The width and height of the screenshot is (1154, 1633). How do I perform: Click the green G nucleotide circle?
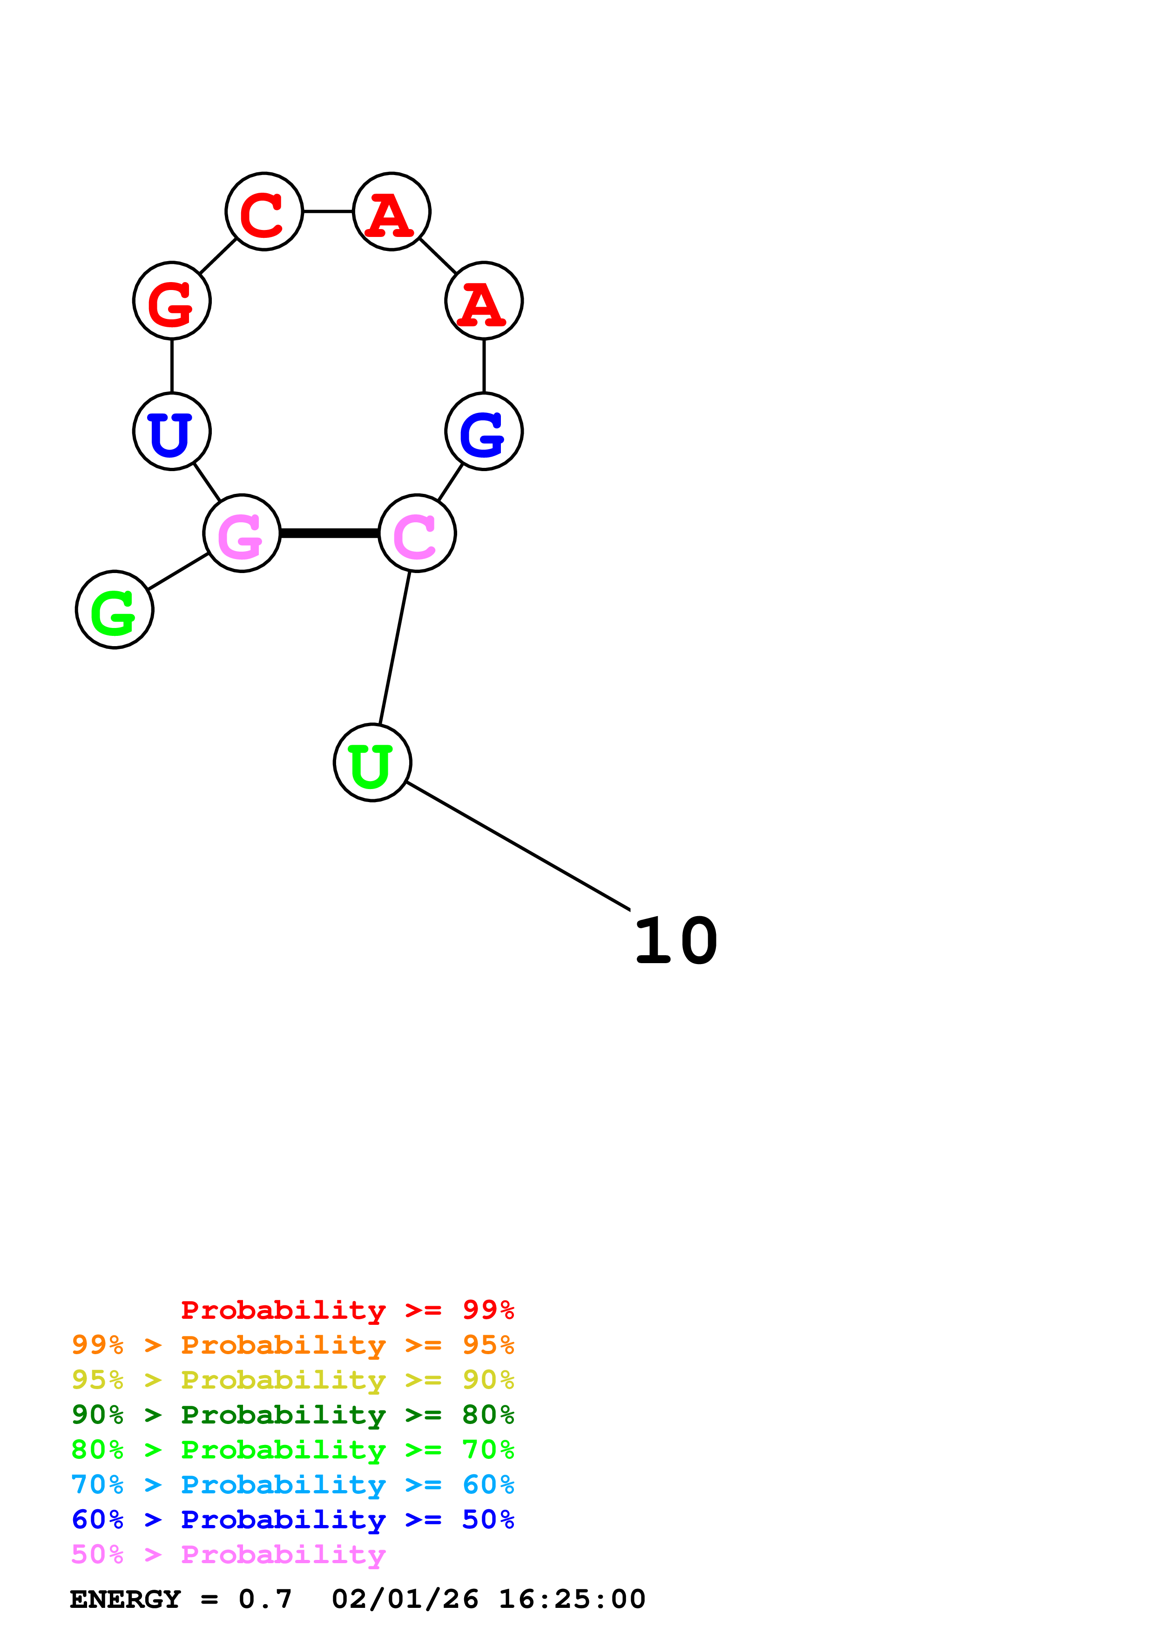tap(115, 609)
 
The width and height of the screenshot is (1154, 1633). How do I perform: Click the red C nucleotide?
tap(264, 211)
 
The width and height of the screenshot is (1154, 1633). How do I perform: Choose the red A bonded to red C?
tap(392, 211)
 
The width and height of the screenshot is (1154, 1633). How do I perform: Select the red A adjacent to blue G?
tap(484, 301)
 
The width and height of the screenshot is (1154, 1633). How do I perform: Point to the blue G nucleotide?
tap(484, 431)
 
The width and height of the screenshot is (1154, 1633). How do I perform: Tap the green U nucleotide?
tap(372, 763)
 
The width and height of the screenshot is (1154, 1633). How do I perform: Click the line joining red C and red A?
tap(328, 211)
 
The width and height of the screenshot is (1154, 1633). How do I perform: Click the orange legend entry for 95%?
tap(293, 1345)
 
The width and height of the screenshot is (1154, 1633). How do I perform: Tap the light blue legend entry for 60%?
tap(293, 1485)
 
